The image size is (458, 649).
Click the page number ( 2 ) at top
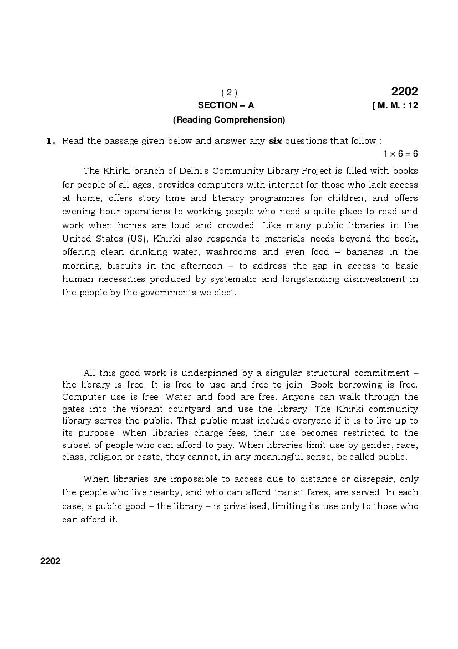229,93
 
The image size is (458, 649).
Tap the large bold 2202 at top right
404,92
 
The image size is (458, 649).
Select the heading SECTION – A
226,105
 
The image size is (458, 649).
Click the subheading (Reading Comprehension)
229,120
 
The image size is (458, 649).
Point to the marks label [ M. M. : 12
395,105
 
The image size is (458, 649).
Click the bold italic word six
275,141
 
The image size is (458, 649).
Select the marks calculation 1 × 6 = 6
400,154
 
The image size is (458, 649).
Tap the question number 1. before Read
50,141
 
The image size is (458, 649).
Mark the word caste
172,457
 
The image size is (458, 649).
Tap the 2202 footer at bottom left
50,561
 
